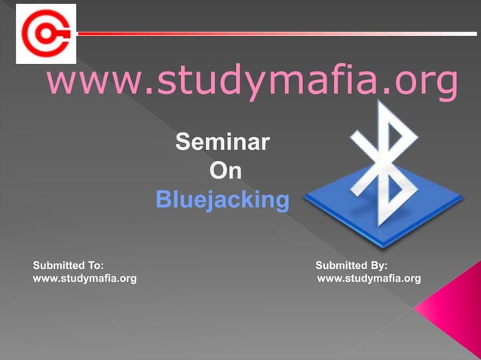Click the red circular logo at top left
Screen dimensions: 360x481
(45, 33)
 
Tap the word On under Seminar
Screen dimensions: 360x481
(225, 171)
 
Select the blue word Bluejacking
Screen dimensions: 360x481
(222, 200)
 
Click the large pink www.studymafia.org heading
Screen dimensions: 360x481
(252, 83)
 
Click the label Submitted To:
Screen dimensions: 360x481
(68, 265)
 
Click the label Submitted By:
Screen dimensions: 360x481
(351, 265)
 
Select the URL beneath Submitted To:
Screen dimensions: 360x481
(84, 279)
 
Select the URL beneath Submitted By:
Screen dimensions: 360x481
(369, 279)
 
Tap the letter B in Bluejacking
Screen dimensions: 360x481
(163, 200)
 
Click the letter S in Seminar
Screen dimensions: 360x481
(182, 141)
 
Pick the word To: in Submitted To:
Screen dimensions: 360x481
(93, 265)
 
